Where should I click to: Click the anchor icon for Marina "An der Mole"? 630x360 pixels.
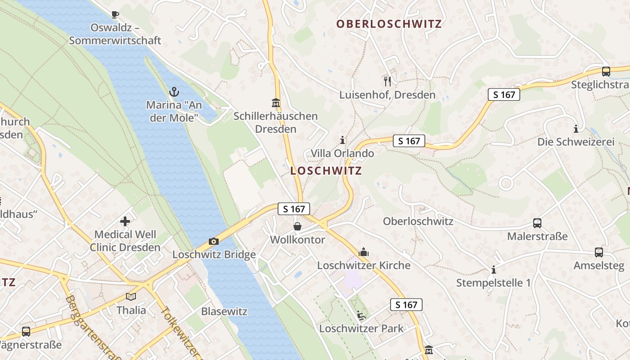pos(174,92)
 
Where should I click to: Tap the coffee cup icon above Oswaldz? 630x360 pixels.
pos(115,14)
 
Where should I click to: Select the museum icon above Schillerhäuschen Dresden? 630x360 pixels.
pos(276,103)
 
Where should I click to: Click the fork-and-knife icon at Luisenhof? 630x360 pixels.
pos(387,81)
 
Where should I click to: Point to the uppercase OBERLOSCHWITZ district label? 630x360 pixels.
pos(389,24)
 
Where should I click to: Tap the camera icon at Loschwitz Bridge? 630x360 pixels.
pos(214,242)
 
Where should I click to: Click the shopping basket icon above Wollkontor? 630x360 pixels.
pos(297,226)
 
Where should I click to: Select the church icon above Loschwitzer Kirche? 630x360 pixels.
pos(364,252)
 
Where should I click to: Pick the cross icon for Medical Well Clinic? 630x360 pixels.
pos(125,221)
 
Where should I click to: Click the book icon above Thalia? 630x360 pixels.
pos(131,297)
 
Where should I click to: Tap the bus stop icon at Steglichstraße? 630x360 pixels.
pos(606,71)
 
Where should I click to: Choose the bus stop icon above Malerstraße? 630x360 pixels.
pos(537,223)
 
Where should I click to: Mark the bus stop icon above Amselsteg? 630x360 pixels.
pos(598,252)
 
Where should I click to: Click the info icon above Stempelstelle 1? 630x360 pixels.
pos(494,270)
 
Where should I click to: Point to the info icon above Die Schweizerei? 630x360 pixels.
pos(576,129)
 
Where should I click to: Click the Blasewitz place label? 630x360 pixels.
pos(225,311)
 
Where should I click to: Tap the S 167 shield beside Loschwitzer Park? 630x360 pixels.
pos(406,305)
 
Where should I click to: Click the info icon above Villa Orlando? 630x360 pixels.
pos(343,140)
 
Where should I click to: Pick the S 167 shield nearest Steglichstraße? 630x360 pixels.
pos(504,94)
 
